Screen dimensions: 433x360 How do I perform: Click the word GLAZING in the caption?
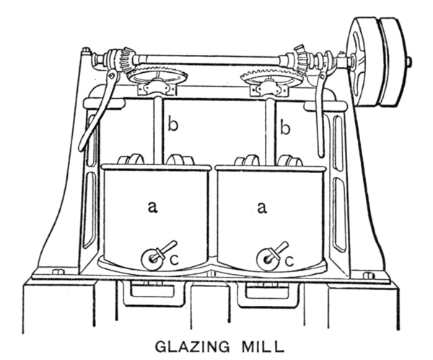pos(192,347)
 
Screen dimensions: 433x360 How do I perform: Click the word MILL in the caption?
pos(263,347)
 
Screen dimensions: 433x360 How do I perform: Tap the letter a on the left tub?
pos(152,207)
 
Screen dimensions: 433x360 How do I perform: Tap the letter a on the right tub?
pos(262,207)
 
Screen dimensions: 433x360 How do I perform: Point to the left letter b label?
pos(173,126)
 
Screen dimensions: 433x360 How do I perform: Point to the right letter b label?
pos(285,127)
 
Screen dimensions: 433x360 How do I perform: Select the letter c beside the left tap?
pos(174,260)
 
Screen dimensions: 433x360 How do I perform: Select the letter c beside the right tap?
pos(289,261)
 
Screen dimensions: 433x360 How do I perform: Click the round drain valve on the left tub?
pos(152,259)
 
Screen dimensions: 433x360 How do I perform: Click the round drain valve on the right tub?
pos(267,260)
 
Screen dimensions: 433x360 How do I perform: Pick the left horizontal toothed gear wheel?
pos(157,76)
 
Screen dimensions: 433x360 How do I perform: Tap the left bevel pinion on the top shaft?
pos(126,59)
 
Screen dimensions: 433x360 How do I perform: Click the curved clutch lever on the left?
pos(98,110)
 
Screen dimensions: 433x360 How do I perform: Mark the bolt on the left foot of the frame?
pos(58,272)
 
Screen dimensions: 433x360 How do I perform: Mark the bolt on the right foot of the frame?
pos(367,276)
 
